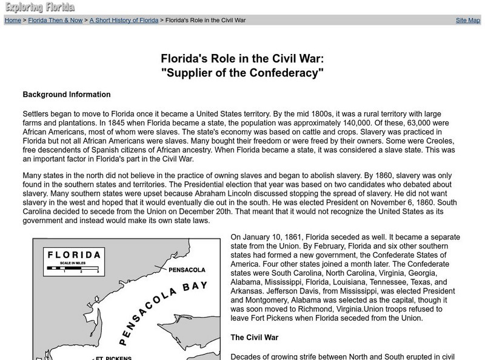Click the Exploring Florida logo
pos(40,7)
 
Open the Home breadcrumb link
pos(13,20)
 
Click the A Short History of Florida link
pos(124,20)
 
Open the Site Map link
pos(467,20)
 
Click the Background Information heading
pos(67,95)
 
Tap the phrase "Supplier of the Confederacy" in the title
pos(242,73)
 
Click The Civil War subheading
pos(254,337)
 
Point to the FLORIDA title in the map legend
pos(74,255)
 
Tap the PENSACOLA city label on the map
pos(187,269)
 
